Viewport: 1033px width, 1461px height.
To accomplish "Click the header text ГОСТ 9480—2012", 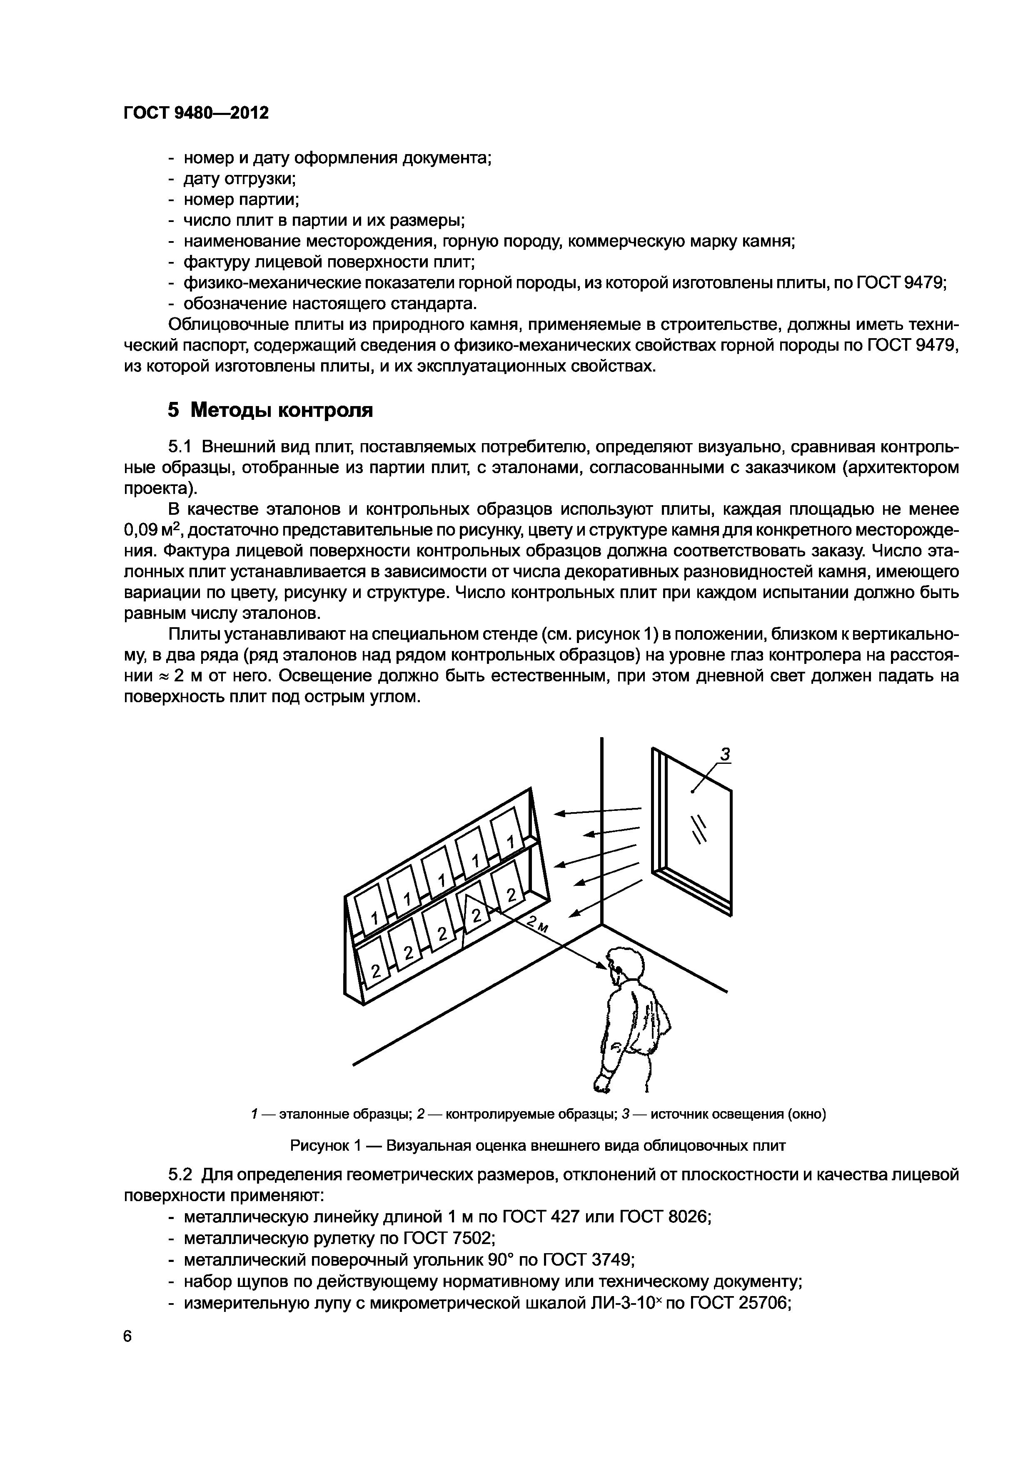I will pos(195,113).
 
